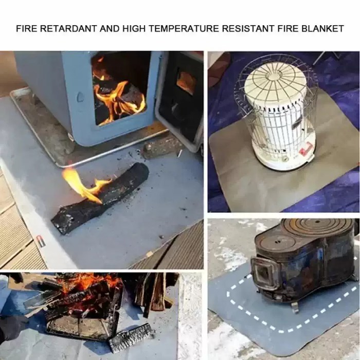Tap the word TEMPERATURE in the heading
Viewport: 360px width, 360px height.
click(x=184, y=28)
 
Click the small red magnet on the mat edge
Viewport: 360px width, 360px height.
click(x=41, y=241)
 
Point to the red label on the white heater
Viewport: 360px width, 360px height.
click(x=305, y=148)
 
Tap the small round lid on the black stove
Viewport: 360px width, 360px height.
click(x=277, y=241)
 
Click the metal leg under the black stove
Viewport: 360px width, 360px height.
click(x=295, y=307)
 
